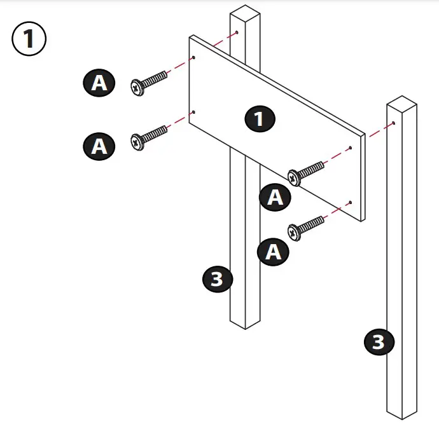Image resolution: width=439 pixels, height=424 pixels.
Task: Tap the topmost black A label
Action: [x=100, y=83]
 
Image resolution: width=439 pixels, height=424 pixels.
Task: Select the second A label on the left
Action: [x=100, y=146]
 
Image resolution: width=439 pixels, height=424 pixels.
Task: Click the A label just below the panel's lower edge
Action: [x=274, y=197]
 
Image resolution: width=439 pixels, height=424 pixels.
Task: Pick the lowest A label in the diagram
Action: [x=273, y=252]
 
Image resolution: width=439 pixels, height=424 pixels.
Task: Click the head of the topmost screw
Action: [x=137, y=87]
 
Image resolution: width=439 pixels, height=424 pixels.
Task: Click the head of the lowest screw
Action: [x=295, y=232]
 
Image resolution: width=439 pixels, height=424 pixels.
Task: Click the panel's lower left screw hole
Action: [x=193, y=113]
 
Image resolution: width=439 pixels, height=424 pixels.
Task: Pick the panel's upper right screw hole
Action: [x=351, y=147]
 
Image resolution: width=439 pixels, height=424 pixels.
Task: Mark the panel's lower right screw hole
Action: [x=351, y=203]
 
